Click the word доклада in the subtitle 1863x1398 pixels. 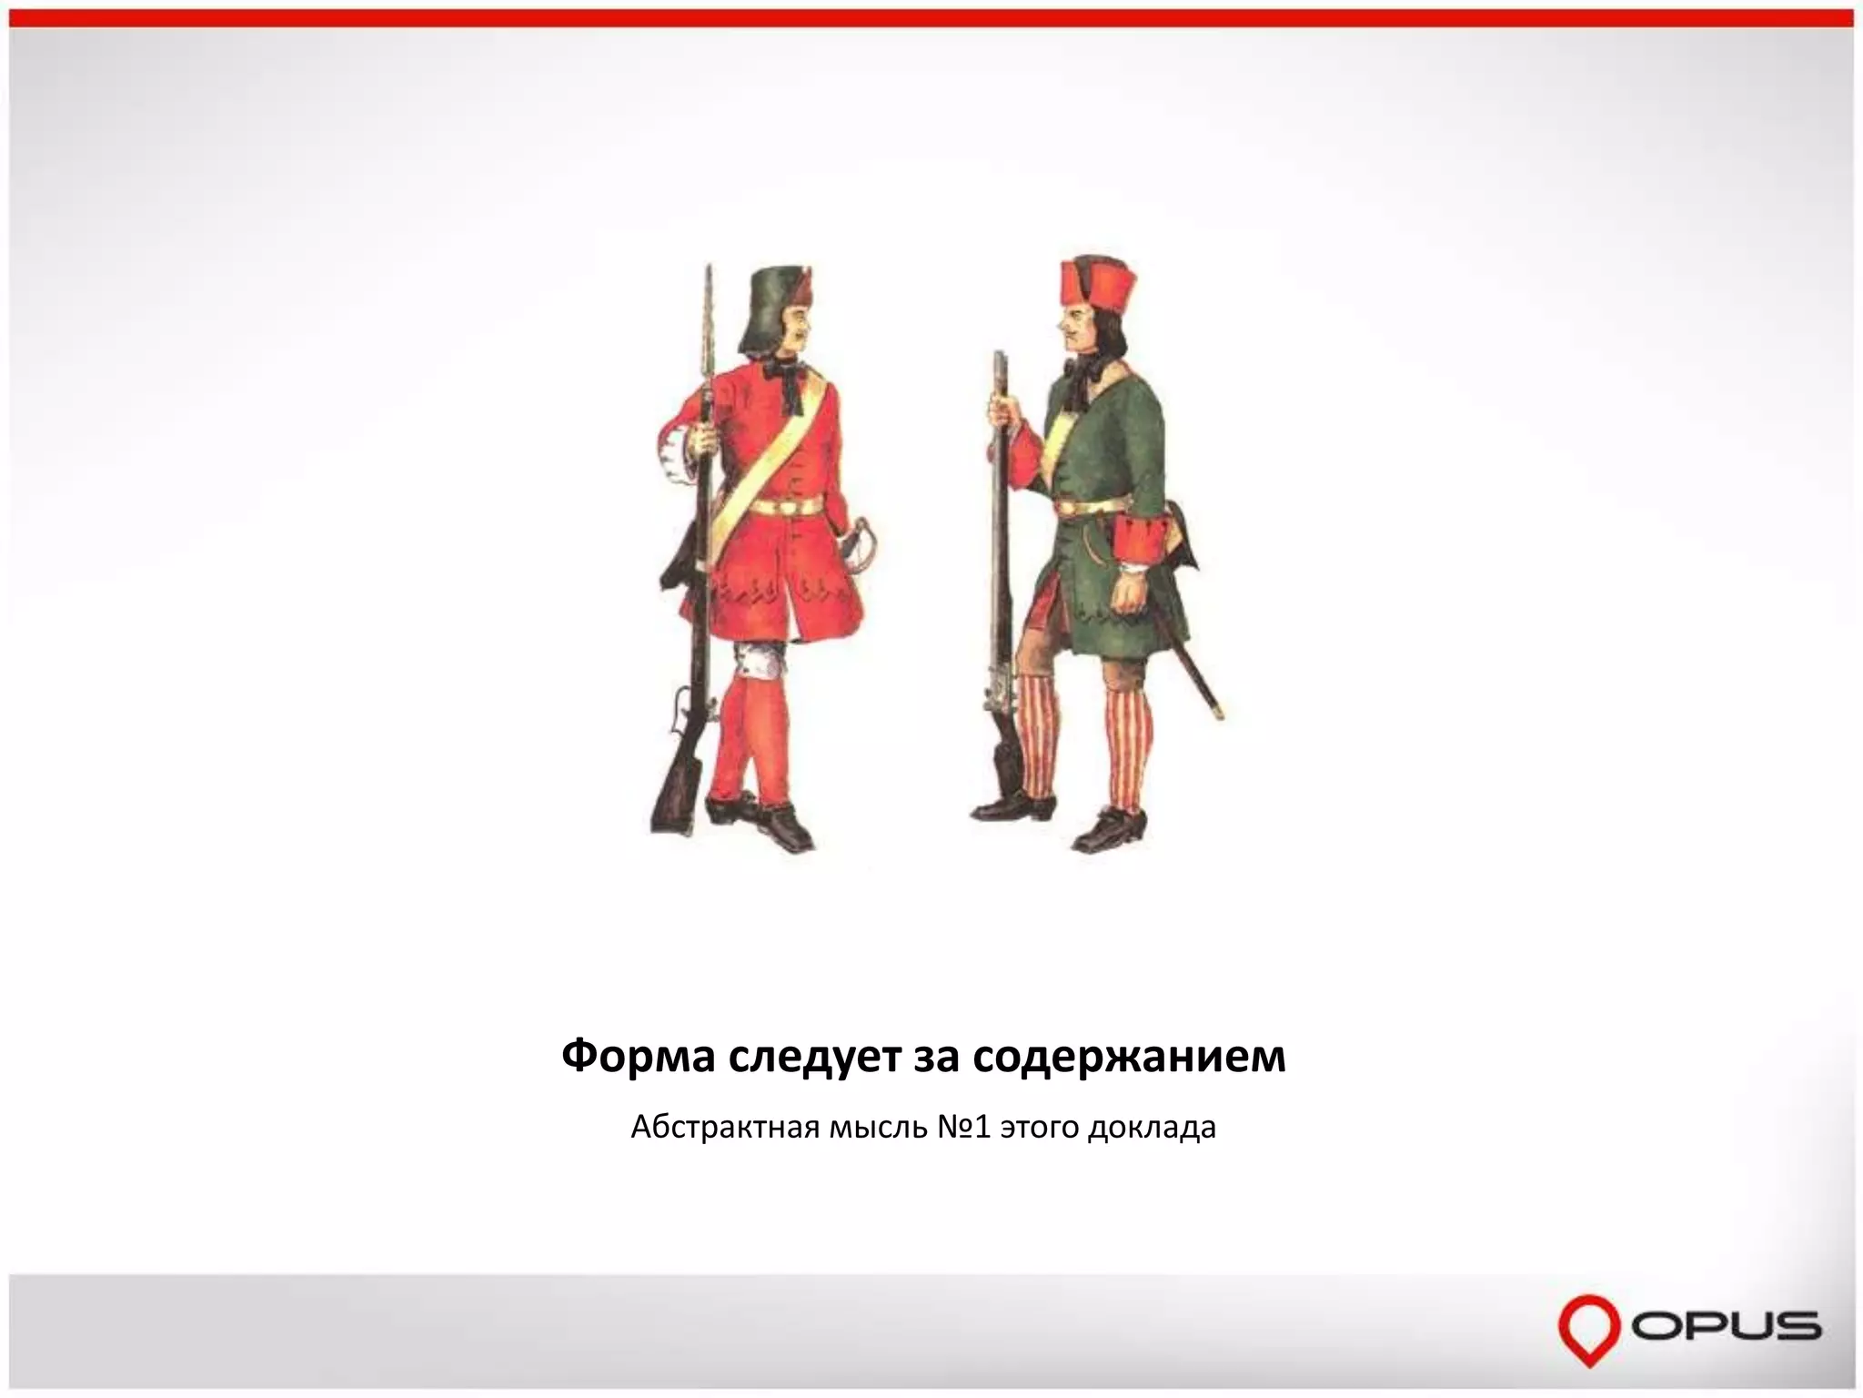pyautogui.click(x=1153, y=1129)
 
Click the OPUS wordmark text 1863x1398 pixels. pyautogui.click(x=1725, y=1325)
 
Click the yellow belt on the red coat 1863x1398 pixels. pyautogui.click(x=786, y=506)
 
